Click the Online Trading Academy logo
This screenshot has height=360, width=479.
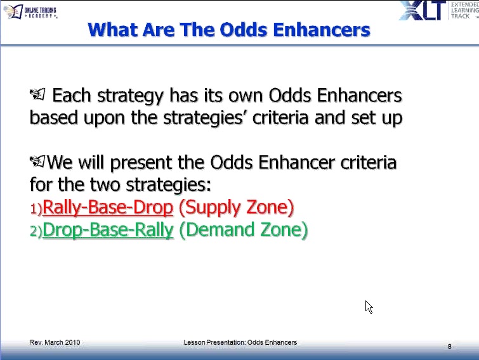[30, 11]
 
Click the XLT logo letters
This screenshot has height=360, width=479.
[422, 11]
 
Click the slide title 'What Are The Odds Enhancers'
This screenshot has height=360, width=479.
[229, 29]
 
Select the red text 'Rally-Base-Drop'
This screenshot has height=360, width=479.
[107, 207]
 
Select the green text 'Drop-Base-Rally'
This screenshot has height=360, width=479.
[107, 230]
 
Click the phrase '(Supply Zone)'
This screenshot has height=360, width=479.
[236, 207]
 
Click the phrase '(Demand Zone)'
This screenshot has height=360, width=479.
[244, 230]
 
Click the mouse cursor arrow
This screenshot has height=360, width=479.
[369, 307]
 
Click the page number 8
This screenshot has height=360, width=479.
[449, 346]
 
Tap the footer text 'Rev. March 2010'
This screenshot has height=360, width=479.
[55, 342]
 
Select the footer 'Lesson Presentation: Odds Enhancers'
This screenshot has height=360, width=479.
[240, 342]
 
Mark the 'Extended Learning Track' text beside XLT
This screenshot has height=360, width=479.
[464, 11]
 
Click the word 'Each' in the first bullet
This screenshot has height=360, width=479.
[70, 96]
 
